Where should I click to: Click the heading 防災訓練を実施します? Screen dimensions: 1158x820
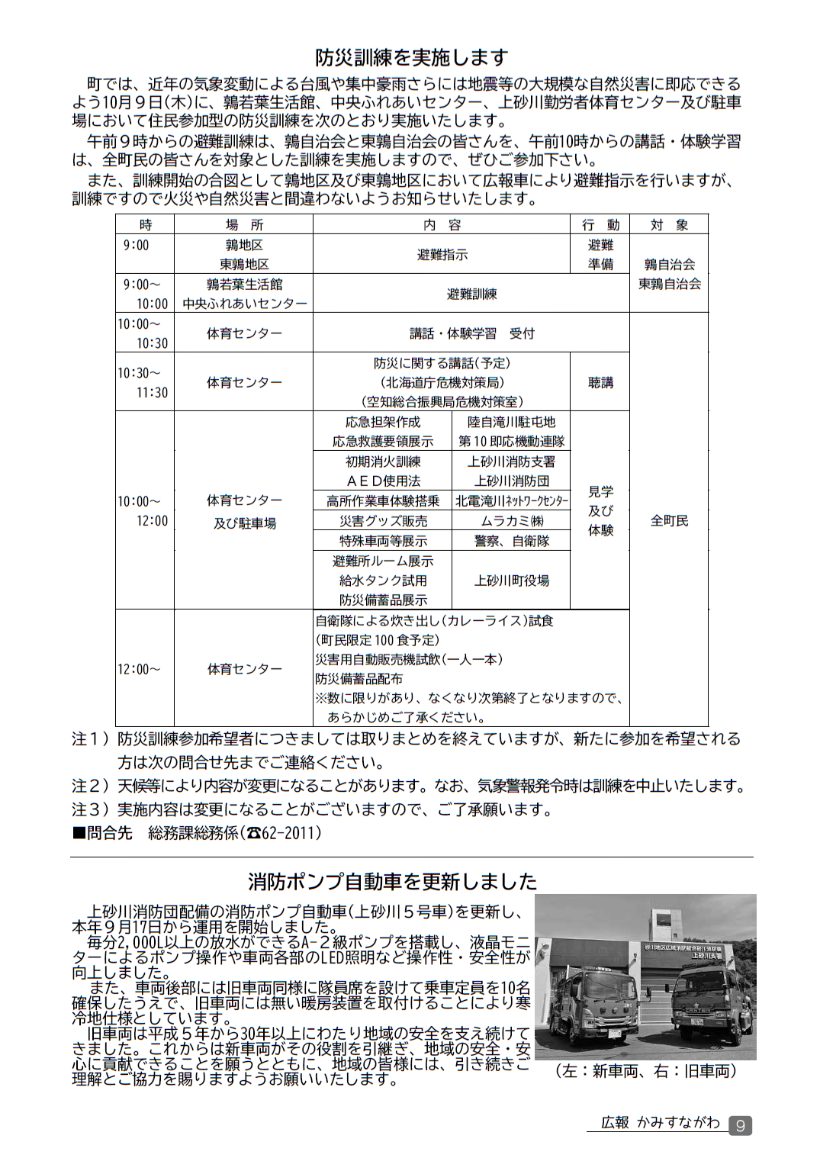coord(411,57)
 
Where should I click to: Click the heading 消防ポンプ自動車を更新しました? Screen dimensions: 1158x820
coord(392,881)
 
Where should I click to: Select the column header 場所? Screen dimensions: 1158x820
coord(244,224)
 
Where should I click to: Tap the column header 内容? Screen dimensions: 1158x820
coord(442,224)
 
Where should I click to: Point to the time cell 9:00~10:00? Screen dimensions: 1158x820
coord(145,294)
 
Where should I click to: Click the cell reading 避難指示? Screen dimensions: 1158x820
coord(442,254)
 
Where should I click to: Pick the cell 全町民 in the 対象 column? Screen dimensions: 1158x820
coord(669,520)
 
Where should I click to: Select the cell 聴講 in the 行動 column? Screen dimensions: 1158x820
coord(600,382)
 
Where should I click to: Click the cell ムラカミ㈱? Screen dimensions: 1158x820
coord(511,521)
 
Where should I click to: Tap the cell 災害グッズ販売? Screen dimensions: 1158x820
coord(383,521)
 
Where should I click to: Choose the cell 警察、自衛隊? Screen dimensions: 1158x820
coord(511,541)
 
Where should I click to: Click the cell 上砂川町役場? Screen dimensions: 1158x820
coord(511,581)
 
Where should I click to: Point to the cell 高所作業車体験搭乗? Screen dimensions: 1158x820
coord(383,501)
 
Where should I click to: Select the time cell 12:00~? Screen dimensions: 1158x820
coord(139,669)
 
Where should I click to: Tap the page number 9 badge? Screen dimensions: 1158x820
coord(740,1125)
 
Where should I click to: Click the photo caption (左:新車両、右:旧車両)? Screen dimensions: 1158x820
coord(645,1071)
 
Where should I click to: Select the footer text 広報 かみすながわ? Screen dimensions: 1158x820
coord(660,1122)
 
